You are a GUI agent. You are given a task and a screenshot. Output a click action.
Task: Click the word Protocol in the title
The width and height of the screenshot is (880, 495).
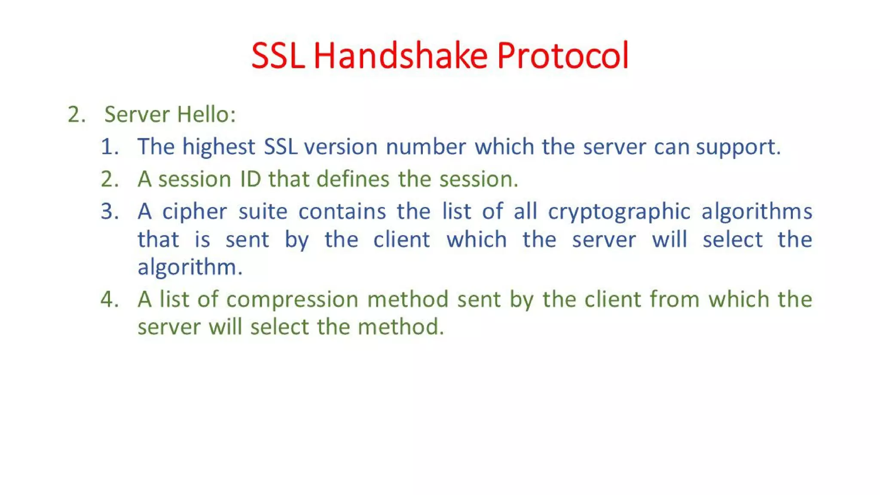pyautogui.click(x=563, y=55)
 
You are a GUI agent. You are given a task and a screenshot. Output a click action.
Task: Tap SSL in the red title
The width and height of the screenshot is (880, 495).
pyautogui.click(x=278, y=55)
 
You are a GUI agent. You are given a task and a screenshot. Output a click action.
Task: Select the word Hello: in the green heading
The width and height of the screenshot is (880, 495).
pyautogui.click(x=206, y=115)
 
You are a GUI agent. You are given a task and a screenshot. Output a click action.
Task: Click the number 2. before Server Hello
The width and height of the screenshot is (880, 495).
pyautogui.click(x=77, y=115)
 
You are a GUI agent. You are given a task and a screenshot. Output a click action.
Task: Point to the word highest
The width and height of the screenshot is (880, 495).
pyautogui.click(x=219, y=147)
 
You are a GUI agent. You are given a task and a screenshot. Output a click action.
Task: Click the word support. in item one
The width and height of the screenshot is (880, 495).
pyautogui.click(x=738, y=147)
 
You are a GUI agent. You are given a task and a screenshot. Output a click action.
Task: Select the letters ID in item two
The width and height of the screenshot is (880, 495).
pyautogui.click(x=251, y=179)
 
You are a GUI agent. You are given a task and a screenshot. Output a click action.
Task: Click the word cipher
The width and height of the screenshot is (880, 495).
pyautogui.click(x=194, y=212)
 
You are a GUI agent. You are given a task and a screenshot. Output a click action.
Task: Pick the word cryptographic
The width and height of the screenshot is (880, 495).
pyautogui.click(x=619, y=212)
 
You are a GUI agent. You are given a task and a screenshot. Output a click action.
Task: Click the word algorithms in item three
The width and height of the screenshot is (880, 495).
pyautogui.click(x=757, y=212)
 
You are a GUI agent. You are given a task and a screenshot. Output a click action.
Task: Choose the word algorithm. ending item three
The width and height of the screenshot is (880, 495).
pyautogui.click(x=190, y=267)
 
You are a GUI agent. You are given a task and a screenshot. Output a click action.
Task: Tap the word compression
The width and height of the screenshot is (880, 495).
pyautogui.click(x=292, y=299)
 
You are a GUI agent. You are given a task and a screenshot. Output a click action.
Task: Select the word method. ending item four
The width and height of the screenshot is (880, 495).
pyautogui.click(x=400, y=327)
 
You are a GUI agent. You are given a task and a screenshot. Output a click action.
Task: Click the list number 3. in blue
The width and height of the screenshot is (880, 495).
pyautogui.click(x=110, y=212)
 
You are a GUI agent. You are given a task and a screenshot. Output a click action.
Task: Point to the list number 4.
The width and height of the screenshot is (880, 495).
pyautogui.click(x=110, y=299)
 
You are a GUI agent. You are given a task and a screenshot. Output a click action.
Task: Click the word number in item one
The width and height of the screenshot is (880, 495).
pyautogui.click(x=426, y=147)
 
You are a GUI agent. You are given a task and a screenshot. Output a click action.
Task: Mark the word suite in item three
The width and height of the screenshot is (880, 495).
pyautogui.click(x=263, y=212)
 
